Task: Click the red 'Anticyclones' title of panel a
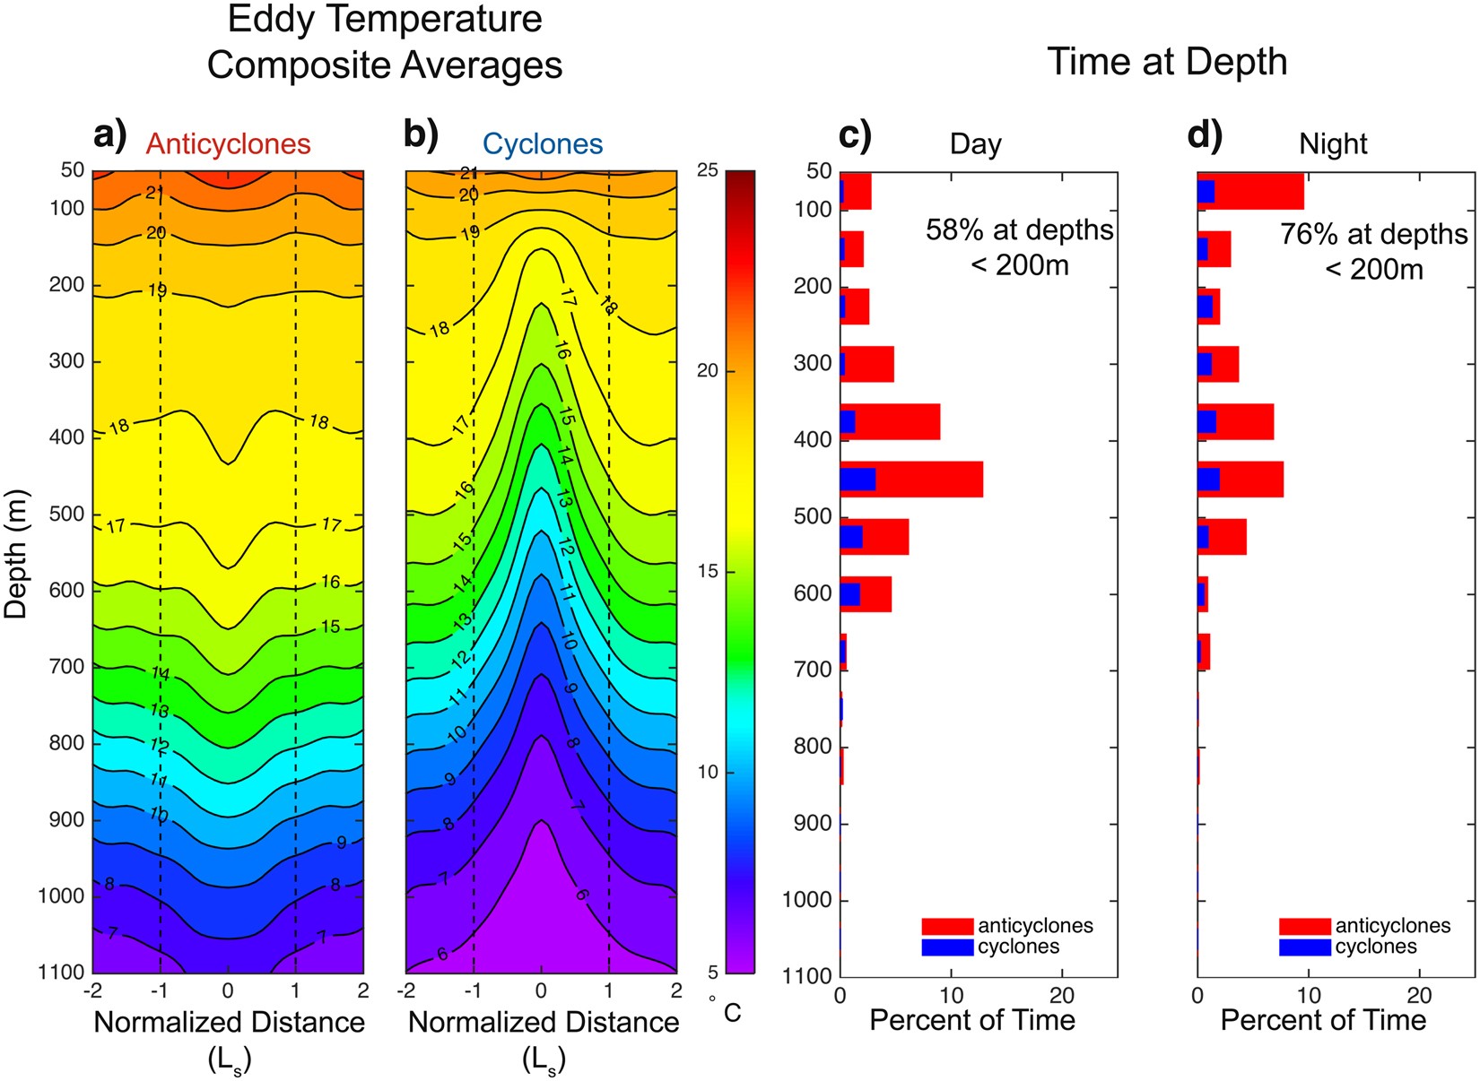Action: tap(228, 144)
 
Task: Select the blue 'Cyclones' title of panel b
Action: tap(542, 144)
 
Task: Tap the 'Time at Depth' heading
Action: tap(1166, 63)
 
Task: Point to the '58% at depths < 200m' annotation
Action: tap(1019, 247)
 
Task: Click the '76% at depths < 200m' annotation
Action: tap(1373, 251)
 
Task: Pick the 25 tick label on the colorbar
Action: tap(707, 170)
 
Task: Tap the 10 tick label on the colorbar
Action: tap(707, 773)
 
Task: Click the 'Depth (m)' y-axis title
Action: tap(16, 554)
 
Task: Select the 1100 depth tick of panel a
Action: tap(61, 973)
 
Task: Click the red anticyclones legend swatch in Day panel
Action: tap(947, 926)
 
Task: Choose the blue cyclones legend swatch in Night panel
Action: tap(1304, 947)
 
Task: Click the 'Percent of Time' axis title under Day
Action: tap(972, 1020)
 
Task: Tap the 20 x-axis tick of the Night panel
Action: tap(1419, 995)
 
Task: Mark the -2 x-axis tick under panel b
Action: tap(406, 990)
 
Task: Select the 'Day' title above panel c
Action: tap(975, 144)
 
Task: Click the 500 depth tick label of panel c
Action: tap(813, 517)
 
